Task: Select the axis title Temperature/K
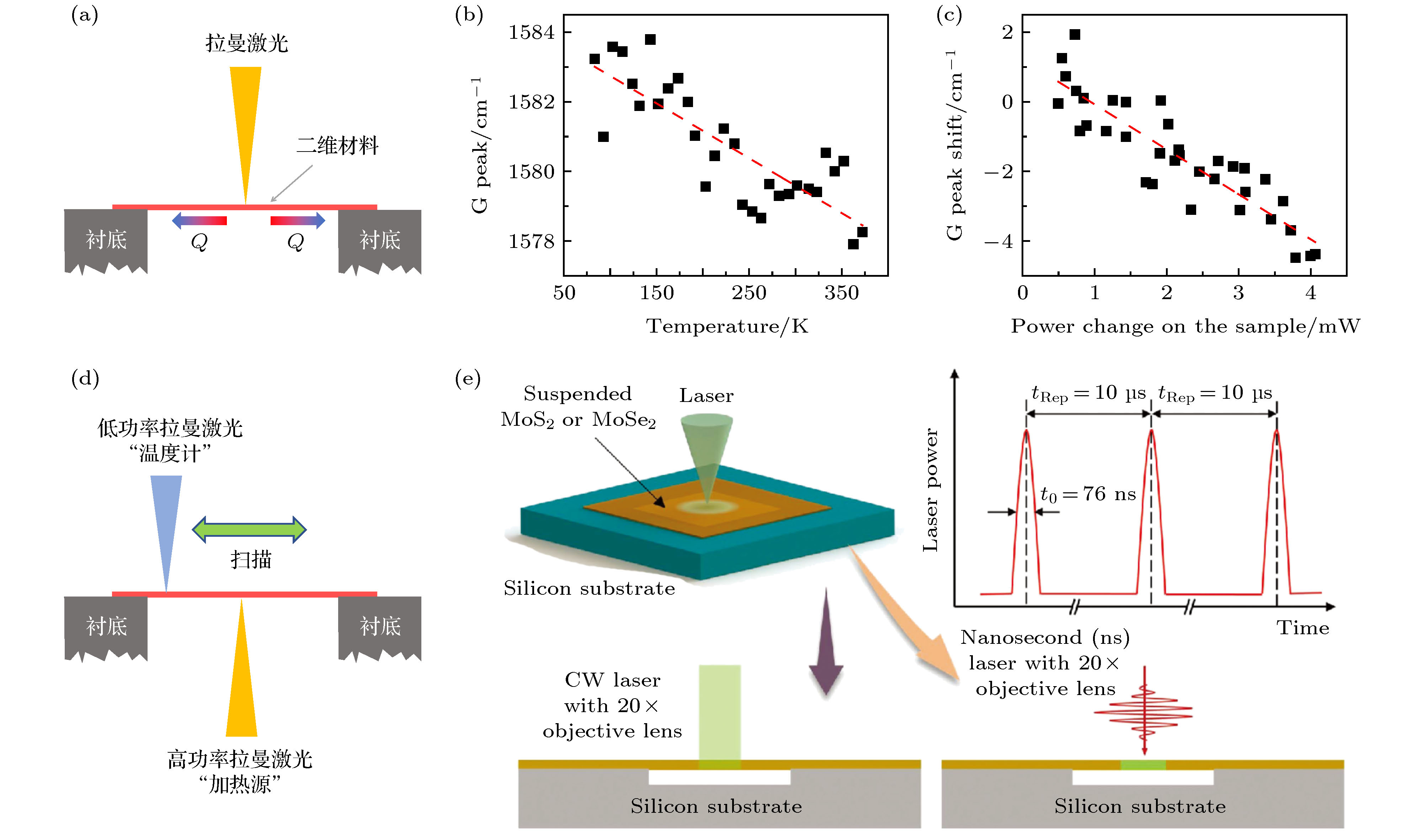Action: (x=727, y=327)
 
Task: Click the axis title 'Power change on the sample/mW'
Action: (x=1185, y=327)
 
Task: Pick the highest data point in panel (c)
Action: (x=1075, y=35)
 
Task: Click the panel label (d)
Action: (x=85, y=378)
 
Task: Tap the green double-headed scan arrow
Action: (x=249, y=530)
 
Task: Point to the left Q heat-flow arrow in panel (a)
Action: (x=199, y=221)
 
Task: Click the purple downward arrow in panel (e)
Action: (x=826, y=643)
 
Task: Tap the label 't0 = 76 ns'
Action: (x=1088, y=494)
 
